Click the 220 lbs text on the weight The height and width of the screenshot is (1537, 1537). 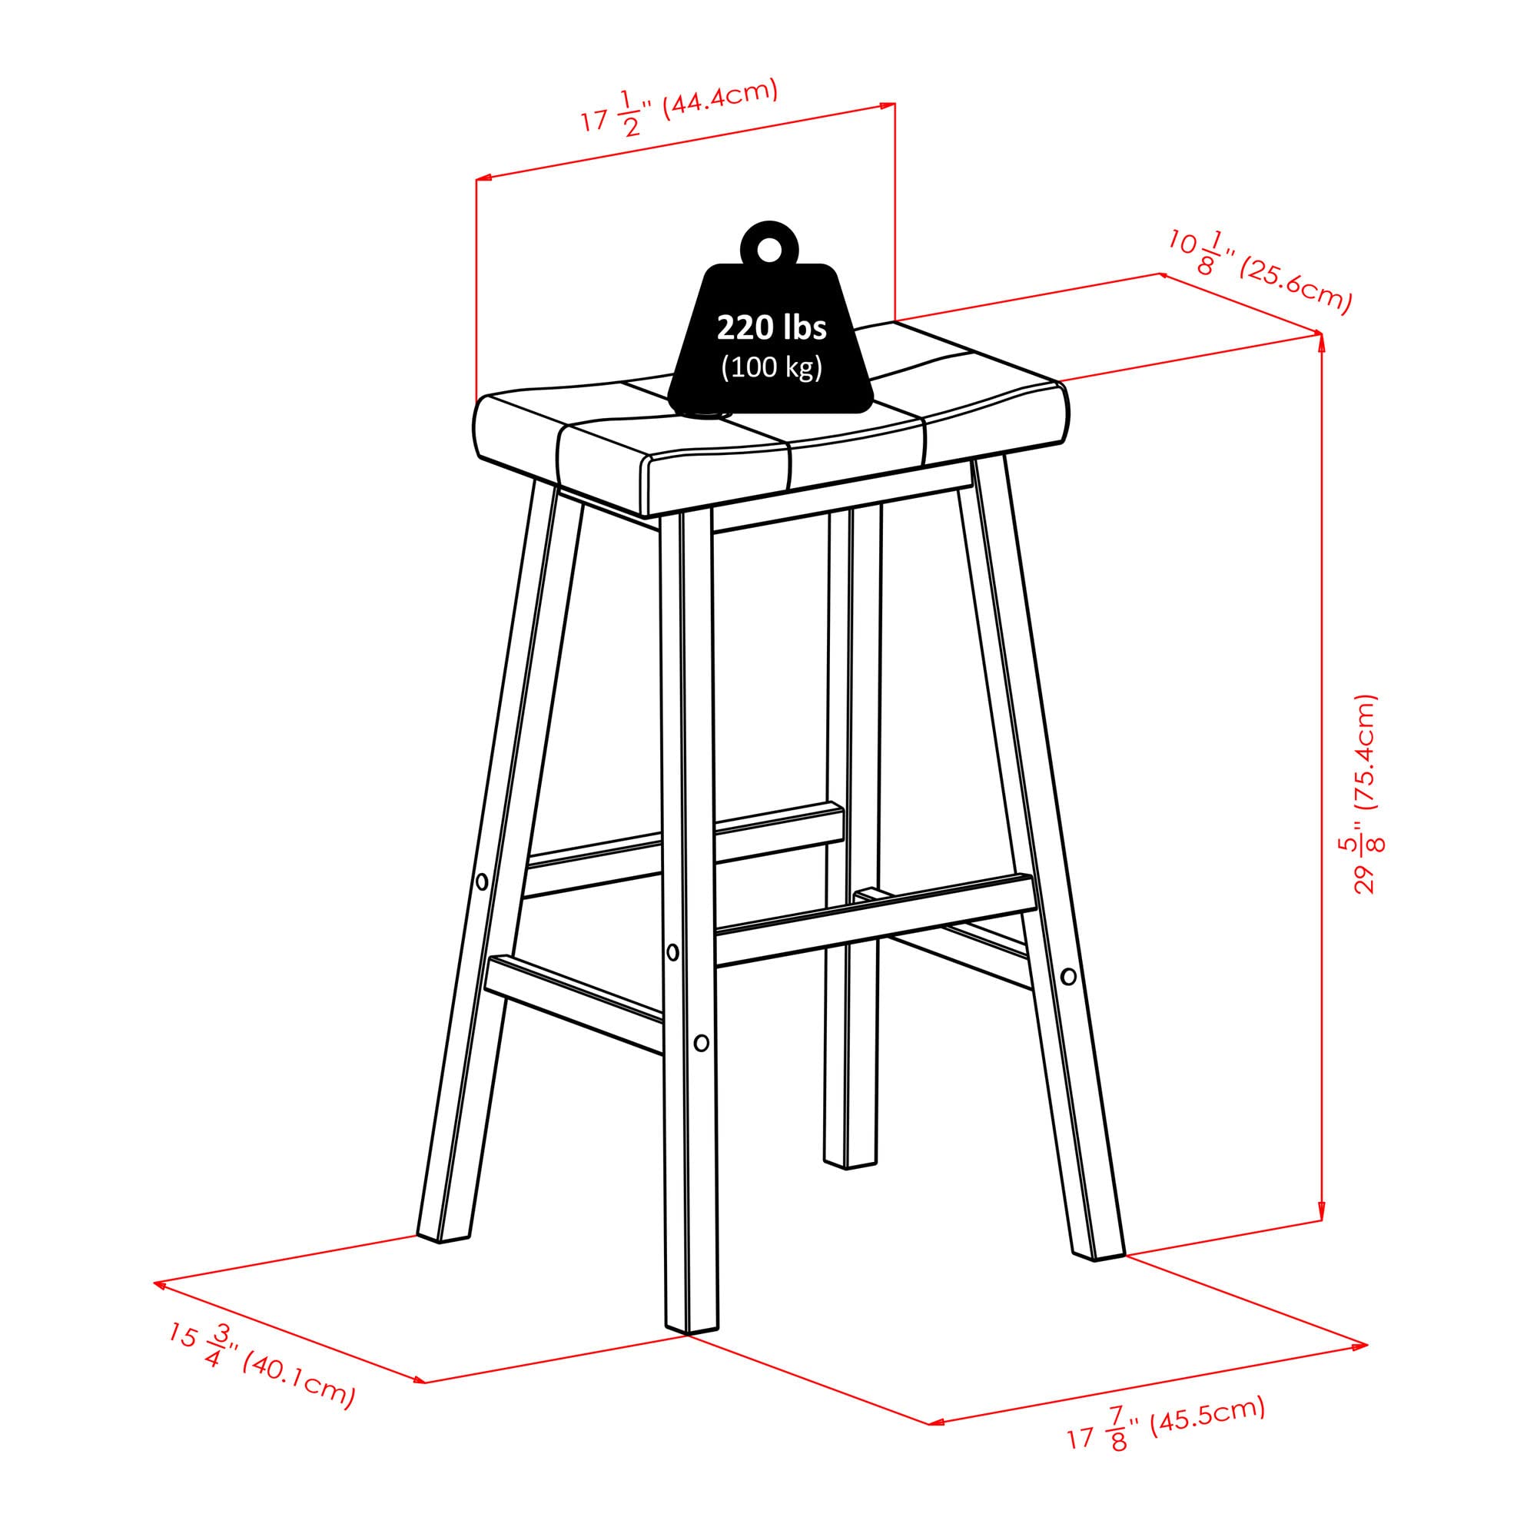click(x=771, y=327)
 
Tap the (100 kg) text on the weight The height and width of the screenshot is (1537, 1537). click(x=771, y=367)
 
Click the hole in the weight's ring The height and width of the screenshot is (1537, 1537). click(x=768, y=250)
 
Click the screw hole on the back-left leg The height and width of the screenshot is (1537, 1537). click(x=481, y=881)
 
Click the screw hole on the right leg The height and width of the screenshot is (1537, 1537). click(x=1068, y=975)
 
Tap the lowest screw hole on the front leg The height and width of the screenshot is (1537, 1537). click(x=701, y=1042)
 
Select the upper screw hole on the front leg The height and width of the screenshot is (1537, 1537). click(x=673, y=951)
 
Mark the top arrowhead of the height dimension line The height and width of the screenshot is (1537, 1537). click(x=1321, y=340)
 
